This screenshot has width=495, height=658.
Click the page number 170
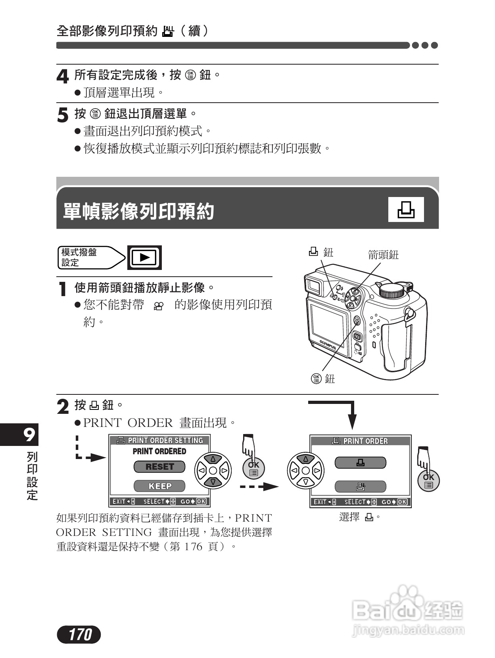click(x=79, y=635)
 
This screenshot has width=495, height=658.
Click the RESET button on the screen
click(x=159, y=467)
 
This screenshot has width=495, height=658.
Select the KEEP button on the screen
click(x=159, y=486)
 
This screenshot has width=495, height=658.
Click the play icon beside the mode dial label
click(x=144, y=258)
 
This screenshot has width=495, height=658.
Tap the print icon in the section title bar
click(x=406, y=209)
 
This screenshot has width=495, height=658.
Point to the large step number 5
click(x=62, y=115)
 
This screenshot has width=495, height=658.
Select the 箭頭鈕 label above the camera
click(x=383, y=255)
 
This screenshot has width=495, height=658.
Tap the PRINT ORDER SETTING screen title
click(x=160, y=440)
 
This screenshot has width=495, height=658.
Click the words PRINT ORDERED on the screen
click(x=159, y=451)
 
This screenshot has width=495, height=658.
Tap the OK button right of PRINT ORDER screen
click(x=428, y=480)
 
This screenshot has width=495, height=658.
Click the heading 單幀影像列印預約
click(x=138, y=211)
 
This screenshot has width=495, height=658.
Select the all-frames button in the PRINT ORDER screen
click(x=360, y=486)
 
